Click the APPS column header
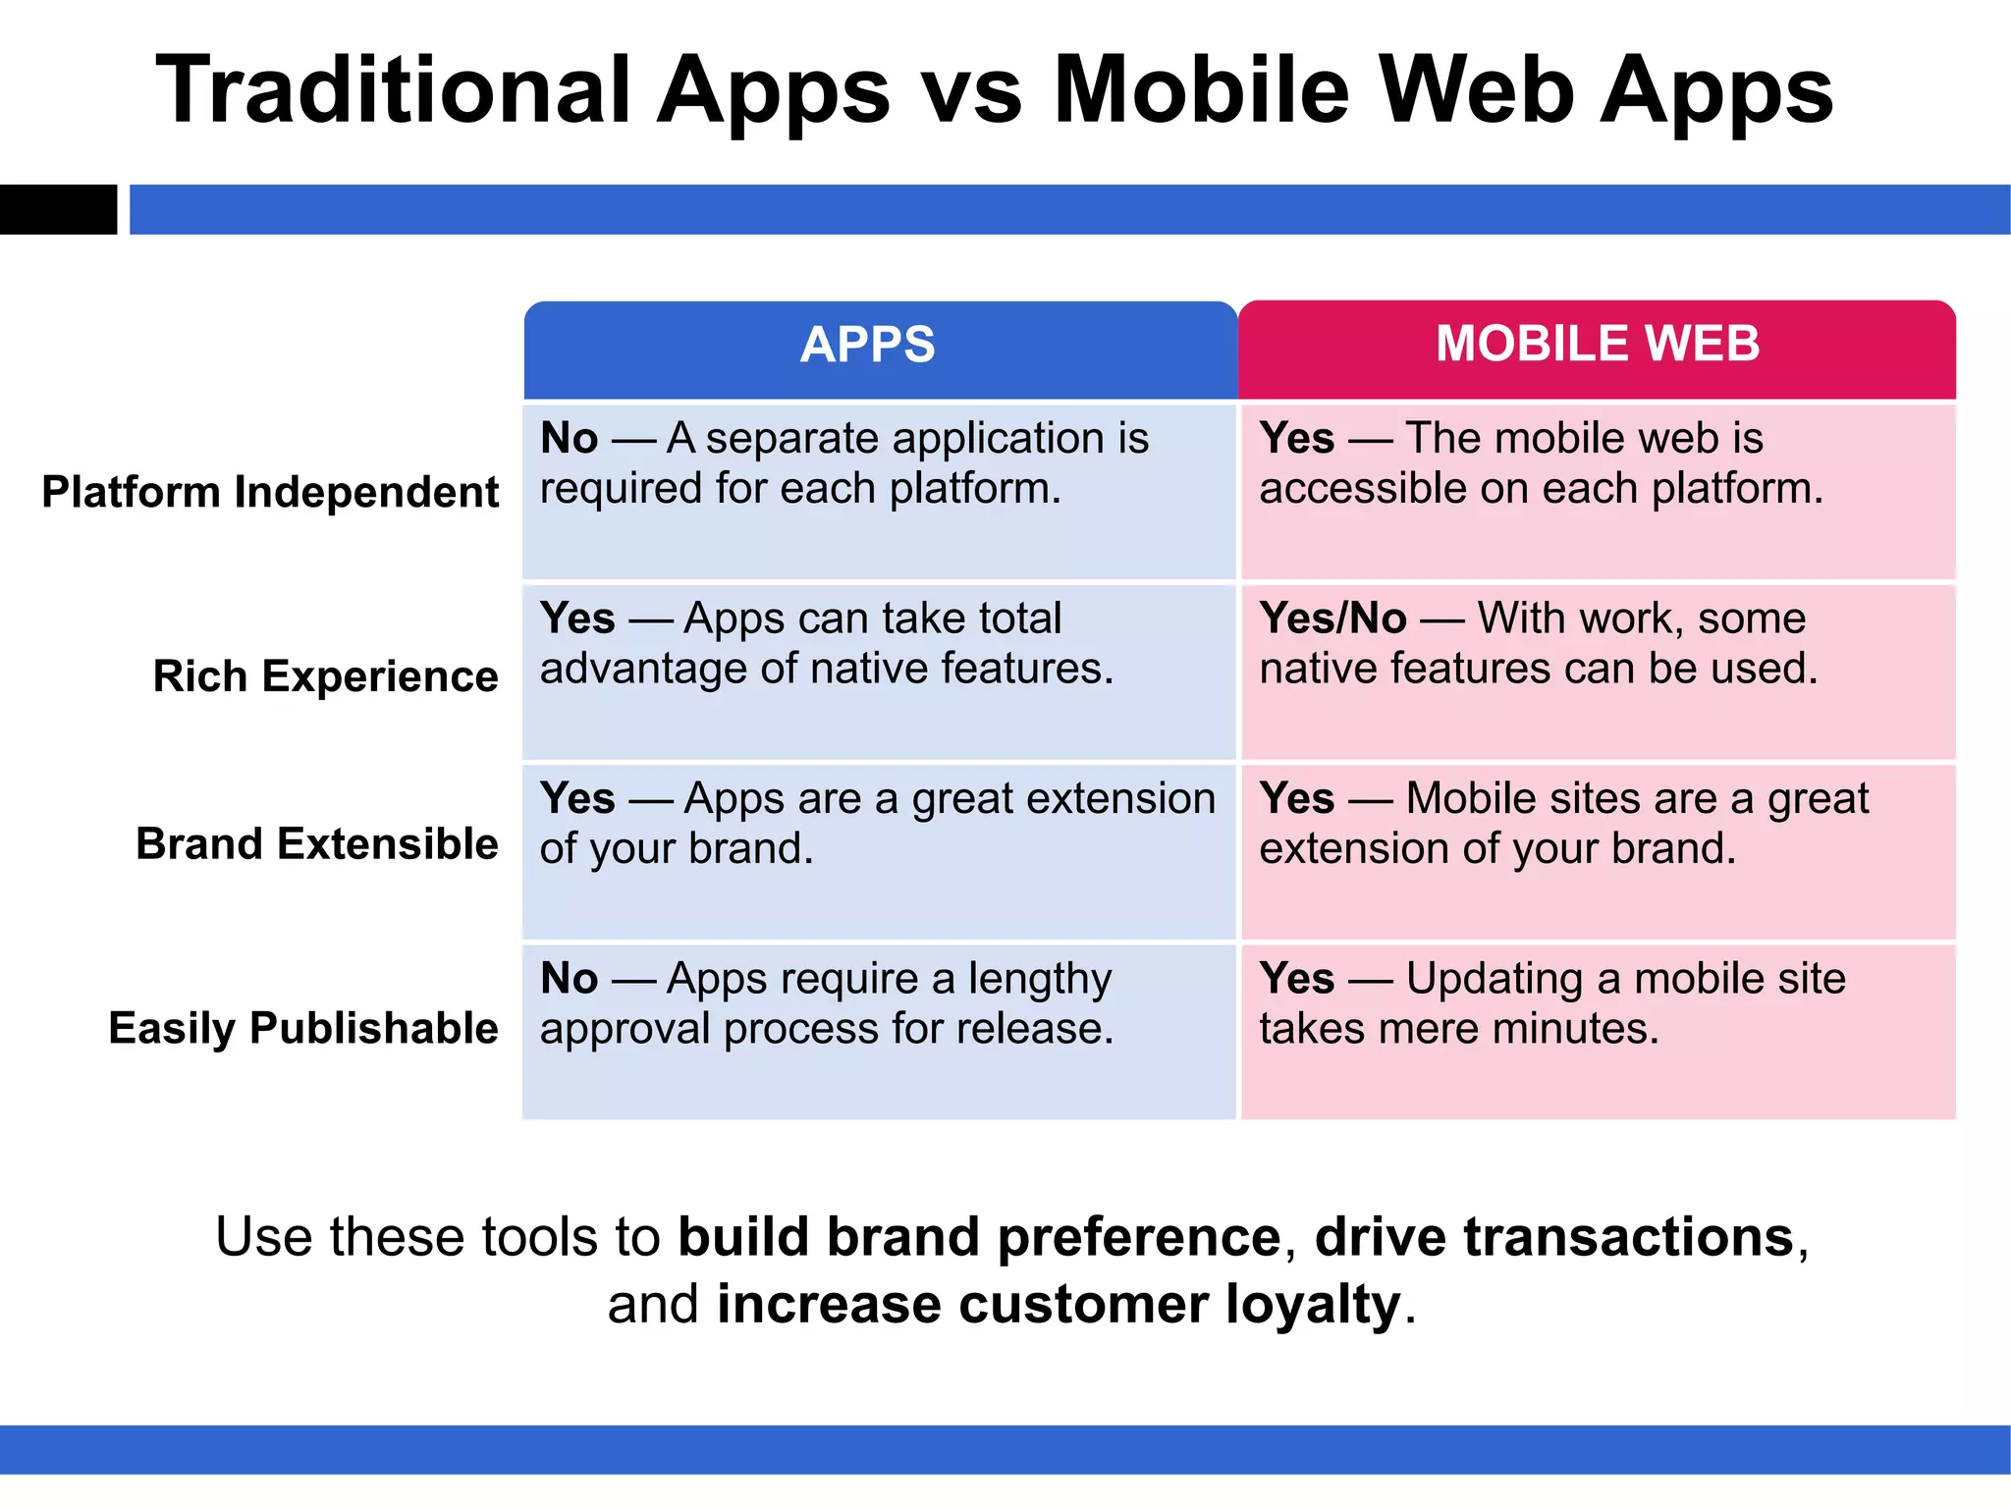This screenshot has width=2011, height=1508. (x=868, y=346)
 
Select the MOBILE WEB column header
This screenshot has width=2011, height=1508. (x=1598, y=344)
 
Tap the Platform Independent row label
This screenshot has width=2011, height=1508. (x=270, y=492)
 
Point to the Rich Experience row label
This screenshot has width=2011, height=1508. (x=325, y=676)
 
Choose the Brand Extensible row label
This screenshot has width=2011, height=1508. (x=316, y=844)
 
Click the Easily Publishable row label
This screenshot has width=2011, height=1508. (x=302, y=1028)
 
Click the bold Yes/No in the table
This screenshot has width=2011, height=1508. (x=1332, y=619)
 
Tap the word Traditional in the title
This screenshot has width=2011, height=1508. (x=393, y=90)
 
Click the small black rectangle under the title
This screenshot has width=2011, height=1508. (x=58, y=209)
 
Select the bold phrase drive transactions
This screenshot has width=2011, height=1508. (x=1554, y=1236)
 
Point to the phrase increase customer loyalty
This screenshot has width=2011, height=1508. (x=1059, y=1305)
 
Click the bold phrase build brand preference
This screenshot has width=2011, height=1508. (x=979, y=1236)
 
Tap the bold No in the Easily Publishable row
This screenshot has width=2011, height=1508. (x=569, y=979)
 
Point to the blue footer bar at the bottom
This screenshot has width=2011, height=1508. (x=1005, y=1449)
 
